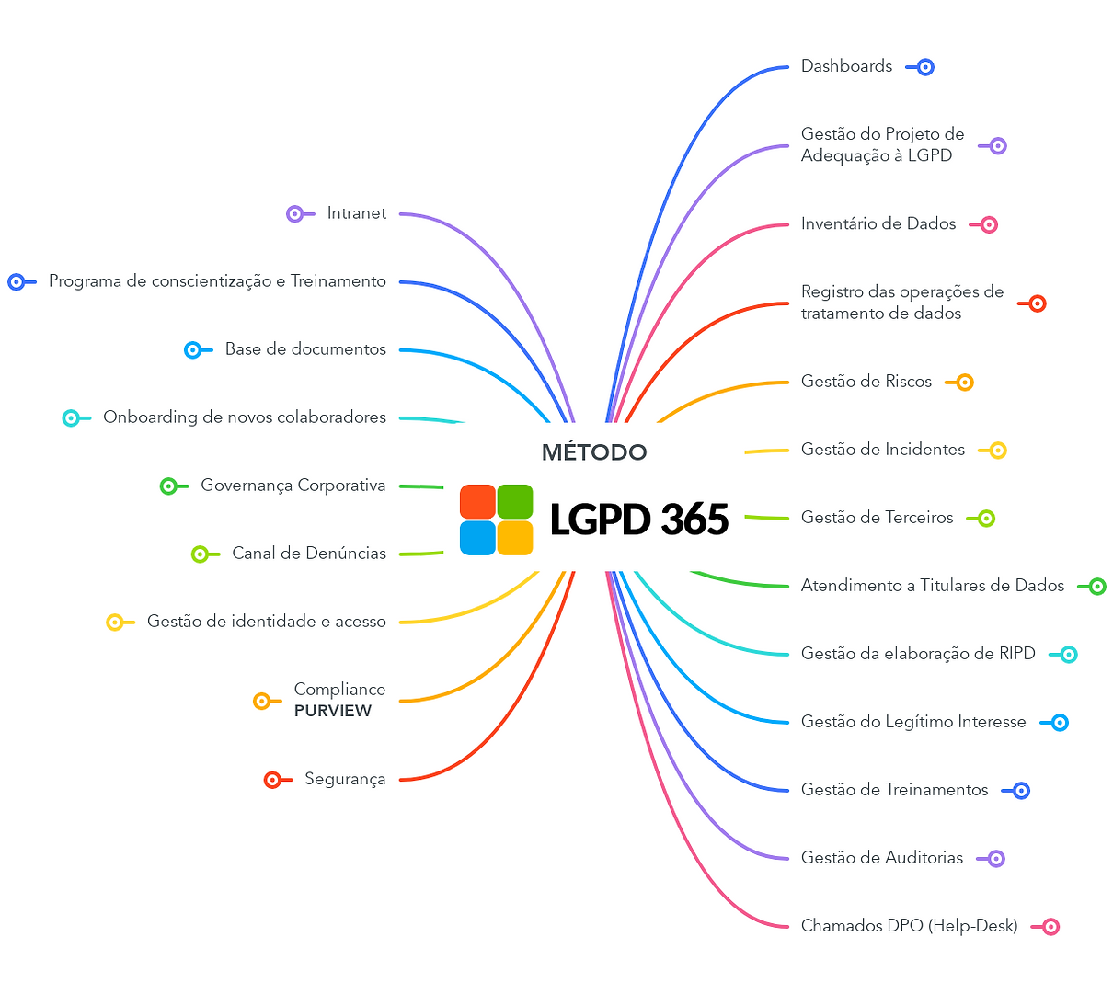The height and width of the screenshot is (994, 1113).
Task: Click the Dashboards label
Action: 846,66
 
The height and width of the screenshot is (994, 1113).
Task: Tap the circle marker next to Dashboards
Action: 925,67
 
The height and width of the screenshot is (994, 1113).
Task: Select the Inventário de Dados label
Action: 878,223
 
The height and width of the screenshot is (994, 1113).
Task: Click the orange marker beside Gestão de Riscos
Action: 964,383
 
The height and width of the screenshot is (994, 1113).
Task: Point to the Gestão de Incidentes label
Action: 883,450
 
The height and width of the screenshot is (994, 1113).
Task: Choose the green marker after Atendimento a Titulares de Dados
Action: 1097,587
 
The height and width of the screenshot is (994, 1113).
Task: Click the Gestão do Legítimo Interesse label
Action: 913,722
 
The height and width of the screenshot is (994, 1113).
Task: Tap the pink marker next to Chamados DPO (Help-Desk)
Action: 1050,927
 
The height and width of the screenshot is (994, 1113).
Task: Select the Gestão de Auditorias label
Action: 882,858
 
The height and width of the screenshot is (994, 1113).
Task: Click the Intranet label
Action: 356,213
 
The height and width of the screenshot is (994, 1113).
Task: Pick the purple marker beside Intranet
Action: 295,214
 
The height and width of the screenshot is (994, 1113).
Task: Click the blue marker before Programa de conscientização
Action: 17,282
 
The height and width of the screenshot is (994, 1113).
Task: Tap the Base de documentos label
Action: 305,349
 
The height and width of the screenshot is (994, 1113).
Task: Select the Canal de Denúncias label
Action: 309,554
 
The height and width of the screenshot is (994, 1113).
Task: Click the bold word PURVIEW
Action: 333,711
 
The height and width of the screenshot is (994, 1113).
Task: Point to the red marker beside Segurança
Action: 272,780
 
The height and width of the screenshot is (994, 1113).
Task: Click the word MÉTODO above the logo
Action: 594,452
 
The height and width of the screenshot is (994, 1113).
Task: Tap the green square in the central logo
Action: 515,502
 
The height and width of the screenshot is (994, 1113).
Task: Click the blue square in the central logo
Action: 478,538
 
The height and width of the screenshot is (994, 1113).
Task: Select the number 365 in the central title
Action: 694,520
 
